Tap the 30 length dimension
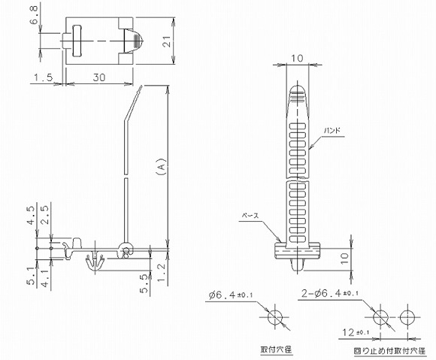[x=98, y=77]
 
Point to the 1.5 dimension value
[x=43, y=77]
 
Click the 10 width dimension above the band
[x=297, y=58]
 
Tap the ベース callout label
[x=250, y=215]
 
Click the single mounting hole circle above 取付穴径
[x=276, y=317]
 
